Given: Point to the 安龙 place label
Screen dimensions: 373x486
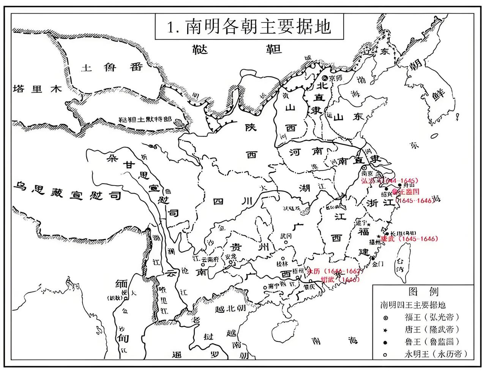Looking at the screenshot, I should [x=230, y=257].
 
